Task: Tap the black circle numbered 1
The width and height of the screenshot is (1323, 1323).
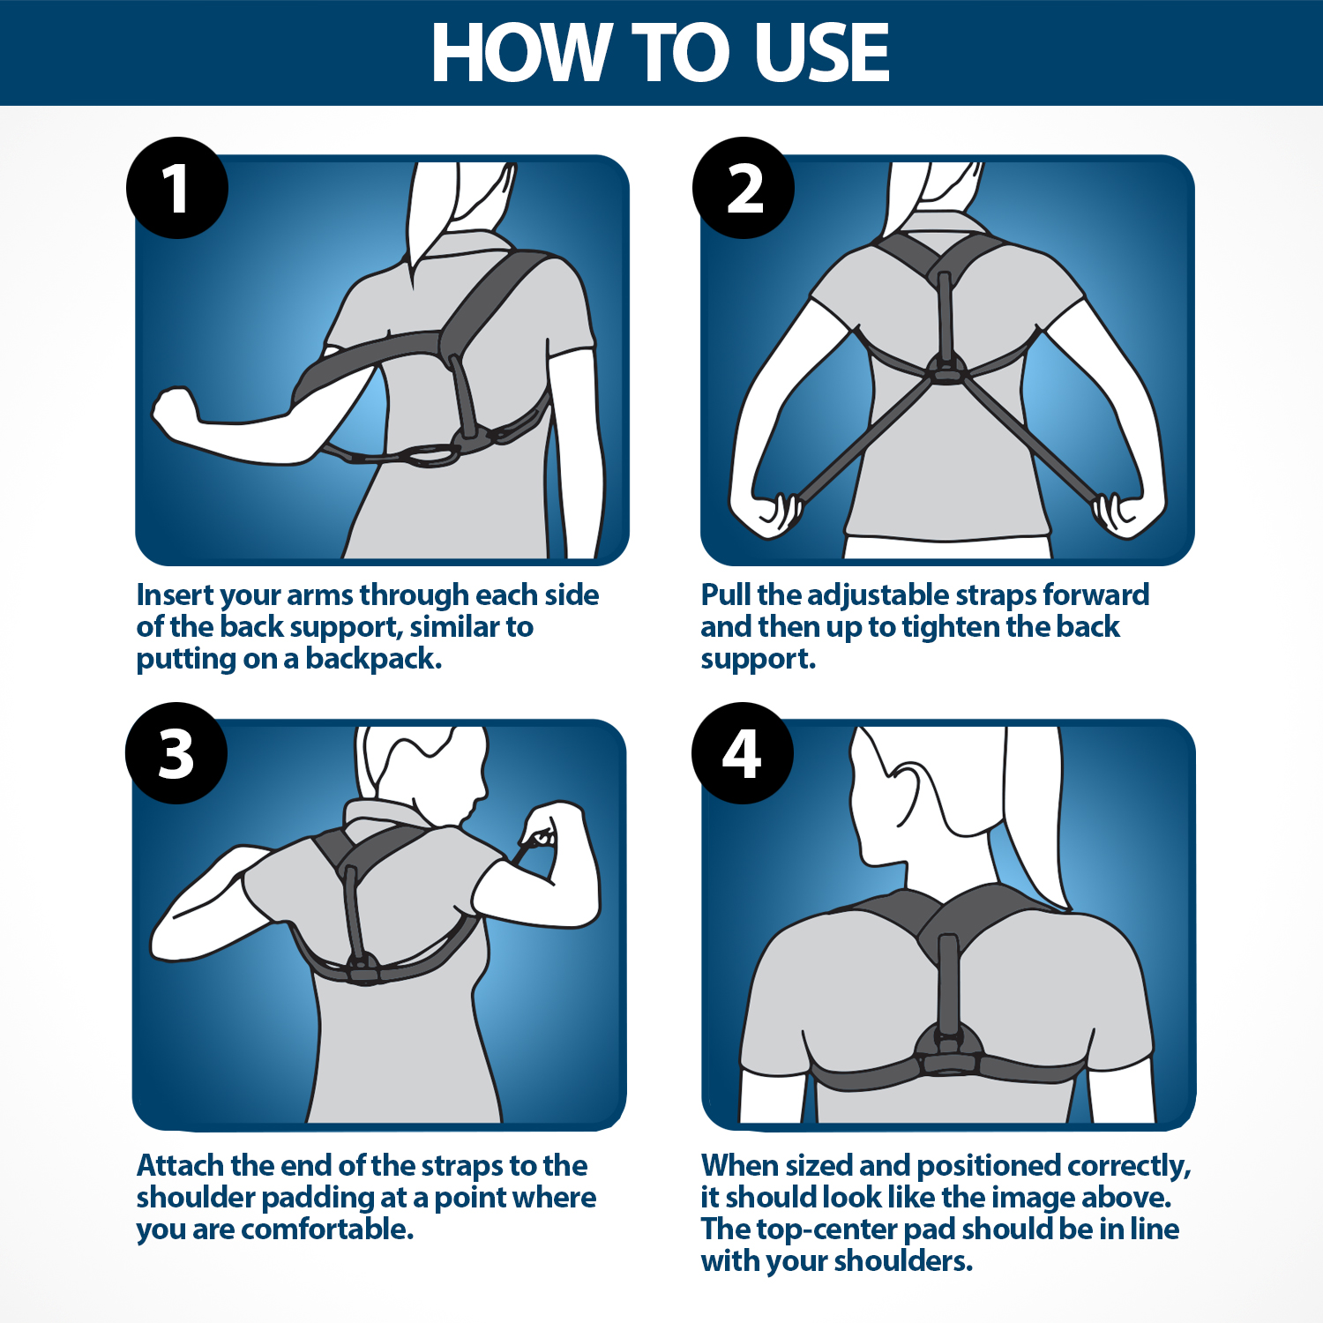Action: coord(177,188)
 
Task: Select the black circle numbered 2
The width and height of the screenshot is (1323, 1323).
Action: coord(744,188)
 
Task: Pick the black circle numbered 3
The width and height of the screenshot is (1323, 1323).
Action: coord(176,753)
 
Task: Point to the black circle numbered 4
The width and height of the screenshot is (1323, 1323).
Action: coord(743,753)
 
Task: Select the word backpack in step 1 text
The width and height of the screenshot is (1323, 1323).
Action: coord(373,659)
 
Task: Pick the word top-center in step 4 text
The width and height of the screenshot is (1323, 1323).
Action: coord(826,1230)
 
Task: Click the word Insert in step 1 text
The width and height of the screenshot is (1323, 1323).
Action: coord(175,595)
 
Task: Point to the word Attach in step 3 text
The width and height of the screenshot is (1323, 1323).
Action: coord(180,1166)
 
